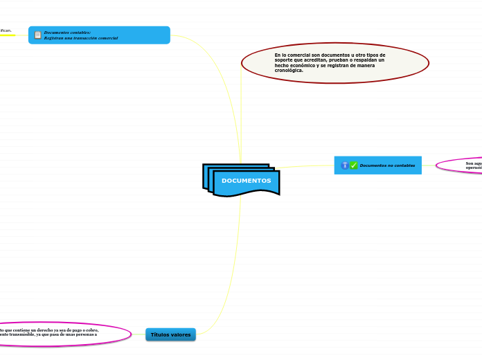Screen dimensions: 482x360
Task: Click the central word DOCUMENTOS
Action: (x=246, y=181)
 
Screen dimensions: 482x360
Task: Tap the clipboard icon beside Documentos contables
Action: (x=37, y=35)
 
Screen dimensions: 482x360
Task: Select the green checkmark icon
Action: (x=353, y=165)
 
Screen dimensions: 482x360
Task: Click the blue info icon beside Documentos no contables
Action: (x=344, y=165)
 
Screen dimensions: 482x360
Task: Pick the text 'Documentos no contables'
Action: (x=387, y=165)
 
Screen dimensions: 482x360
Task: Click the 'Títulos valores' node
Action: (x=170, y=335)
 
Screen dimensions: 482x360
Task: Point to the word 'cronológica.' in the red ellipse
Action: (x=289, y=70)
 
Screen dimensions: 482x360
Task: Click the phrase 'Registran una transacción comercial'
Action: (x=80, y=38)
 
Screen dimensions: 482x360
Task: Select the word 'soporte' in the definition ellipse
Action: (x=284, y=60)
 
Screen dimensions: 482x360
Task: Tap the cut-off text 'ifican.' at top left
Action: (x=6, y=30)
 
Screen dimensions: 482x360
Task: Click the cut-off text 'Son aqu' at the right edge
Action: (x=474, y=163)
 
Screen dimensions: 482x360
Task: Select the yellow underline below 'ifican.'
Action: (x=7, y=35)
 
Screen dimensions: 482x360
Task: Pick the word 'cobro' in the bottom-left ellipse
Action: (x=91, y=330)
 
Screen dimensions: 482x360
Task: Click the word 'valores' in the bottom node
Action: (x=181, y=335)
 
